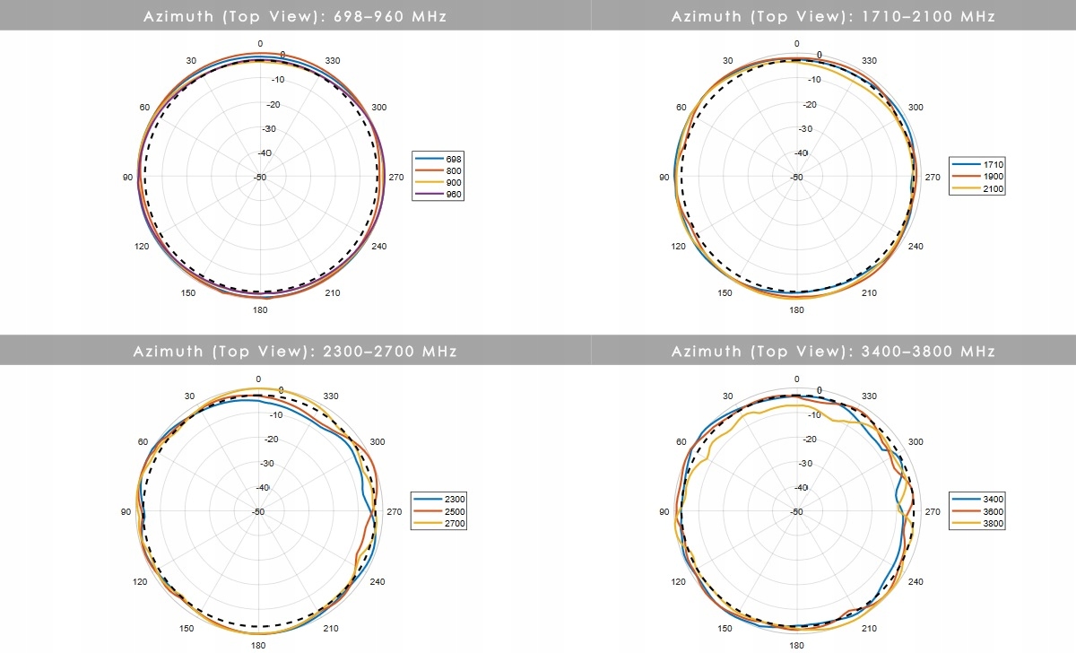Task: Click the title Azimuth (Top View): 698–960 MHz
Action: (295, 16)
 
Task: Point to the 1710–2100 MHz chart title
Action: (833, 16)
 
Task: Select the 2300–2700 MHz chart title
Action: (295, 351)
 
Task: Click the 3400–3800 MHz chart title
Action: (833, 351)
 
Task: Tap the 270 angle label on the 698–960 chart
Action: (396, 178)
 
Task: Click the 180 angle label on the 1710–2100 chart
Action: (796, 311)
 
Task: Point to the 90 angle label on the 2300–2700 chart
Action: (127, 512)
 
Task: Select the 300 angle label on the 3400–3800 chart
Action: (915, 442)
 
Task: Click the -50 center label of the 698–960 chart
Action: (260, 178)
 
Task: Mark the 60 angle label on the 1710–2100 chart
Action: (681, 108)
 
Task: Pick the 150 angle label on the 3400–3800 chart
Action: (725, 627)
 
